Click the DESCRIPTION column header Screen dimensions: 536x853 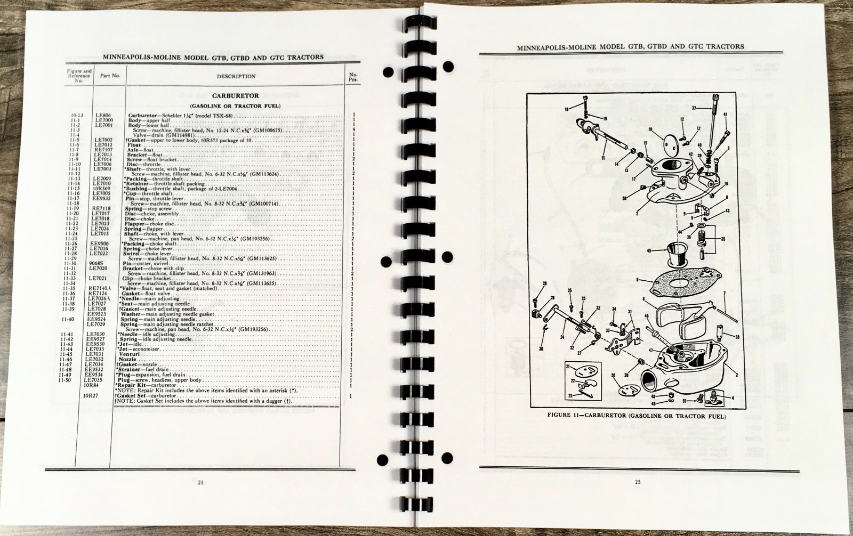[236, 76]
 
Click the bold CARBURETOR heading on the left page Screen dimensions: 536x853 [235, 96]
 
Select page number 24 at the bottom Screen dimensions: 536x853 [200, 483]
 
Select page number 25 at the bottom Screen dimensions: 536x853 [637, 483]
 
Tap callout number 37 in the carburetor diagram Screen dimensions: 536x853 [694, 107]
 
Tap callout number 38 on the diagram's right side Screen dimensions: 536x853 [737, 337]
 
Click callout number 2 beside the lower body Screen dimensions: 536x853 [737, 375]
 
